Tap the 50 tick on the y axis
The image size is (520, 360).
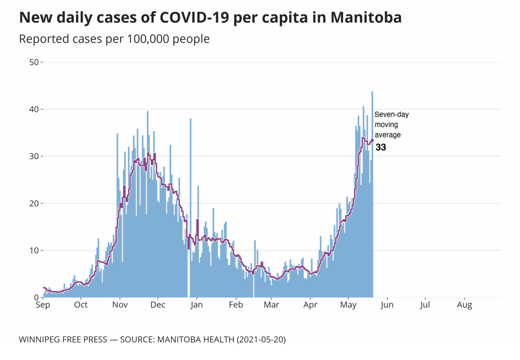(34, 62)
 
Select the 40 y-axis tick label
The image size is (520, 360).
(34, 109)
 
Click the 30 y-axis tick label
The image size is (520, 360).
(34, 157)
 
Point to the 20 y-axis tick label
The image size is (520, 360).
(34, 203)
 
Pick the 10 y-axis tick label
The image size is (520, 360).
(34, 251)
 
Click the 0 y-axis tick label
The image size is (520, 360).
(36, 298)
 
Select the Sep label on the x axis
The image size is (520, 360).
(43, 305)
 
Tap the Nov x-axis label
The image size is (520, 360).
(120, 305)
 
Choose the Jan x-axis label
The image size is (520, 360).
(197, 305)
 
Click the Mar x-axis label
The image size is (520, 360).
(271, 305)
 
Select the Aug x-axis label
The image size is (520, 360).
(464, 305)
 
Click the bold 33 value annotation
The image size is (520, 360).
(381, 148)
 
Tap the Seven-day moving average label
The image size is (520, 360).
(391, 125)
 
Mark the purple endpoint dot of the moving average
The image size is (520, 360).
(372, 140)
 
